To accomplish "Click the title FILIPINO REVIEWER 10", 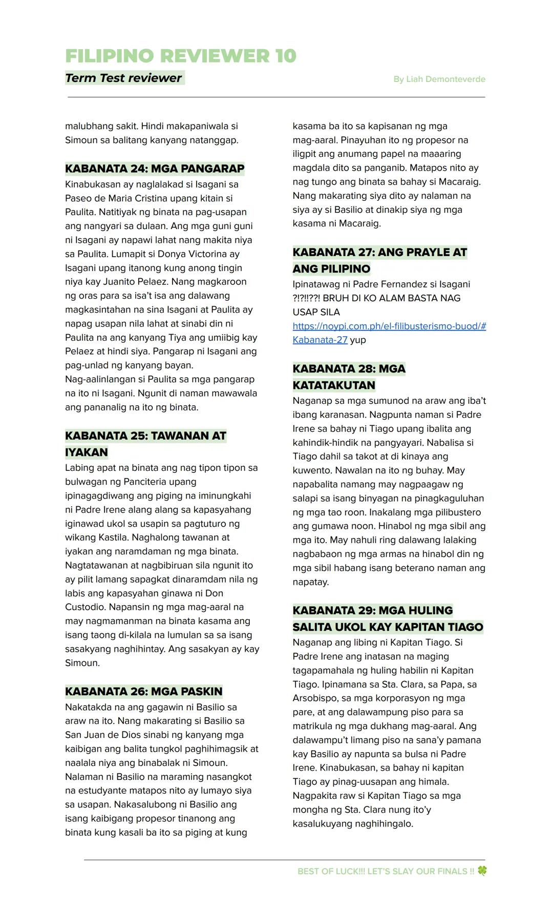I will click(x=181, y=56).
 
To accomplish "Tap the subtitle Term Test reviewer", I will click(x=123, y=78).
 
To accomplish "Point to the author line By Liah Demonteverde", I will click(x=439, y=79).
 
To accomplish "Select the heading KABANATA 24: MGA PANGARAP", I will click(x=155, y=169).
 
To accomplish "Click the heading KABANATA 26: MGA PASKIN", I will click(x=143, y=691).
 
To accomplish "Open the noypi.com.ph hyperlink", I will click(x=389, y=326).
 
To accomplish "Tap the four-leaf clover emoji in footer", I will click(x=482, y=871).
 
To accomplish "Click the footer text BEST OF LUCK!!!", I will click(x=330, y=871).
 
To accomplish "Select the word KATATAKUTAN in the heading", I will click(x=334, y=385).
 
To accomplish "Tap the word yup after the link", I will click(x=358, y=340).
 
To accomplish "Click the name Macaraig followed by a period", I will click(x=362, y=223).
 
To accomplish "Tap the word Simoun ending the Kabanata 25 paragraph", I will click(x=81, y=662).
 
